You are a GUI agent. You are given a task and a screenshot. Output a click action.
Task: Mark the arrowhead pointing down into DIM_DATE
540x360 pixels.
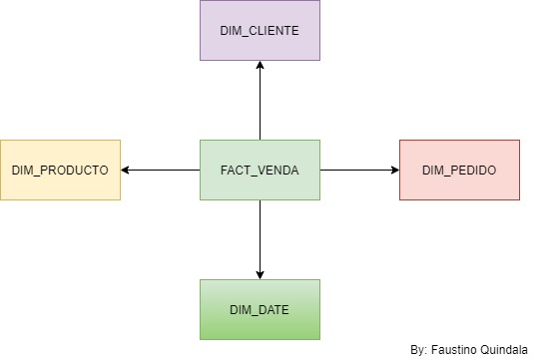pyautogui.click(x=260, y=273)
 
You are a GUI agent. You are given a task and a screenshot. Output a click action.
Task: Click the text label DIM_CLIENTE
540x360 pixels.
pyautogui.click(x=260, y=30)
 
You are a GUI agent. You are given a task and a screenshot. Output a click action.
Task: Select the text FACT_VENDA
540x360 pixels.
pyautogui.click(x=260, y=170)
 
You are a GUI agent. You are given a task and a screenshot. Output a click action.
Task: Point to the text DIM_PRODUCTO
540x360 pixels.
pyautogui.click(x=60, y=171)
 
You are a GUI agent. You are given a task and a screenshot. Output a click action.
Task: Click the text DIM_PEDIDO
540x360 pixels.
pyautogui.click(x=458, y=171)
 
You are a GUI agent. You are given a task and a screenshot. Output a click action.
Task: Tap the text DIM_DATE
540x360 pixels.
pyautogui.click(x=260, y=309)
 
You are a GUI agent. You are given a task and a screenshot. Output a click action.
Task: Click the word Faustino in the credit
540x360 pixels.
pyautogui.click(x=454, y=350)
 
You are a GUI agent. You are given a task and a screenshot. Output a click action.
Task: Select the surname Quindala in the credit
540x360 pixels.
pyautogui.click(x=505, y=350)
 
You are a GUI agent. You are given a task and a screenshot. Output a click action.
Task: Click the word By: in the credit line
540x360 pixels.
pyautogui.click(x=419, y=350)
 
